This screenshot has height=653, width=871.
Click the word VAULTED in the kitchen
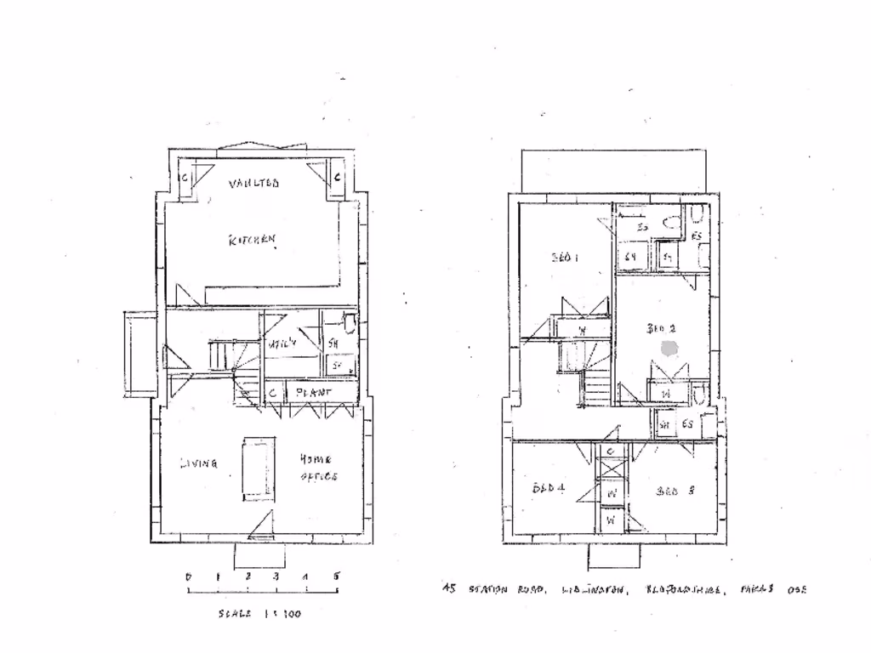[x=254, y=183]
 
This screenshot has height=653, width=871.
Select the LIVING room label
[x=198, y=463]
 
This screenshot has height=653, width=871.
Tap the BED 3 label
[x=676, y=491]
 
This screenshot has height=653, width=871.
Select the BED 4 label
[x=549, y=488]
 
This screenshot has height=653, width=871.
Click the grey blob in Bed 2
[x=669, y=348]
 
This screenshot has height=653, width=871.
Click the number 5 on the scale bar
[x=336, y=576]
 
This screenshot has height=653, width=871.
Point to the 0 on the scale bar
[x=188, y=576]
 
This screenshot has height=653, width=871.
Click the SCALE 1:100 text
[x=259, y=613]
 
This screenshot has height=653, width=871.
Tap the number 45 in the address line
[x=448, y=588]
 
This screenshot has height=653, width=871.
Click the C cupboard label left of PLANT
[x=272, y=393]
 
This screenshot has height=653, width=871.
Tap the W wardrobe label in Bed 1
[x=583, y=330]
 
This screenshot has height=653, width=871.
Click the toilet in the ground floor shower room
[x=349, y=322]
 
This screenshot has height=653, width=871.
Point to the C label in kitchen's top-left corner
[x=187, y=178]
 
